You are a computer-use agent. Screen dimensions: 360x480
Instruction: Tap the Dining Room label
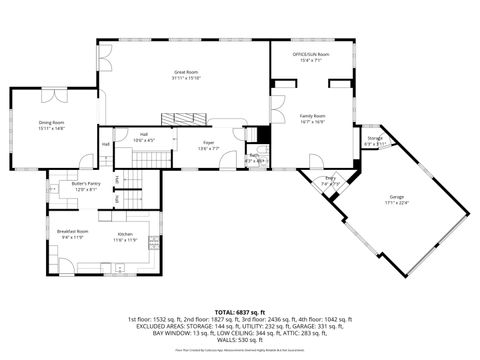[51, 123]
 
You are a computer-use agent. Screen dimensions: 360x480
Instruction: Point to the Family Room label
[313, 115]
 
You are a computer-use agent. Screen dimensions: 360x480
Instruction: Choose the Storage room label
[374, 138]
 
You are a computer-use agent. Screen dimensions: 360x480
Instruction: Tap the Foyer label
[209, 143]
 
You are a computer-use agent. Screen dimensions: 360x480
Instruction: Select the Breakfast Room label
[70, 231]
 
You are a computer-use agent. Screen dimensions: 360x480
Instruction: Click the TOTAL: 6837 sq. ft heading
[240, 312]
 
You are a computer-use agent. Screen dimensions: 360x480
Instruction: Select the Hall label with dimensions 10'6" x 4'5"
[143, 136]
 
